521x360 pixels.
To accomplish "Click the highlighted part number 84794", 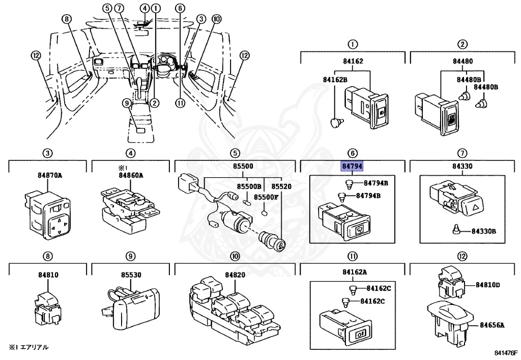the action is tap(352, 165).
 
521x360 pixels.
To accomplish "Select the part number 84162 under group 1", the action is tap(353, 61).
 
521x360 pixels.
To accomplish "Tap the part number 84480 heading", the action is tap(462, 61).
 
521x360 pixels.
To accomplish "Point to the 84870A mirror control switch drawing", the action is tap(47, 214).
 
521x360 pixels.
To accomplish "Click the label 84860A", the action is tap(131, 175).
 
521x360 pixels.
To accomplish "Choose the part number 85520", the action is tap(281, 186).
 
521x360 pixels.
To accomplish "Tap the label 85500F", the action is tap(266, 197).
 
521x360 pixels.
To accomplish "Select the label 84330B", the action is tap(483, 231).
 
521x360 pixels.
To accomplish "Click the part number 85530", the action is tap(131, 275).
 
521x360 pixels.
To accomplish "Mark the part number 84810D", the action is tap(487, 285).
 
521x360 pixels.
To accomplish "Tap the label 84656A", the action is tap(492, 325).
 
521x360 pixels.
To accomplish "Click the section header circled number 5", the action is tap(235, 153).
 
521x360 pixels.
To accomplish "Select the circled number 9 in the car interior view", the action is tap(127, 103).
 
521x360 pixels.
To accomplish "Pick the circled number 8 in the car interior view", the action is tap(67, 19).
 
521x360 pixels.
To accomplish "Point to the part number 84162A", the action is tap(355, 272).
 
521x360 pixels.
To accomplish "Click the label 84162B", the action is tap(335, 80).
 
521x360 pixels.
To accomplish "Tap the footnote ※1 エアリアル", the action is tap(28, 347).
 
